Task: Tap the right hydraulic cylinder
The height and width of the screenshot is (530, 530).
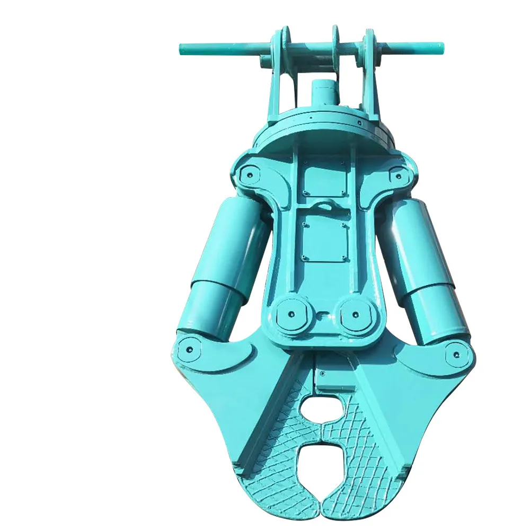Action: tap(424, 265)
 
